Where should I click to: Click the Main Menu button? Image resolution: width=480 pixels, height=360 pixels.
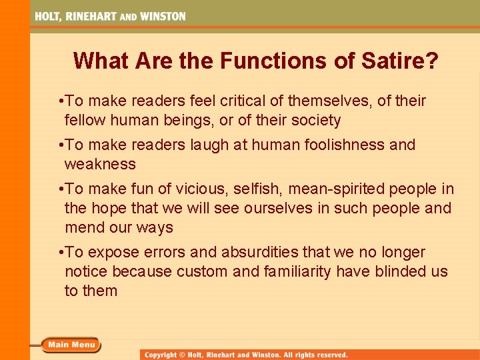pyautogui.click(x=71, y=345)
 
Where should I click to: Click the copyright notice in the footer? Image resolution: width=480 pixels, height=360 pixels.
pyautogui.click(x=247, y=355)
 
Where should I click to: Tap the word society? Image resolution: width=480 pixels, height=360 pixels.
pyautogui.click(x=315, y=121)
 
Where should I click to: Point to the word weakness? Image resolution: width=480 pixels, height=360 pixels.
pyautogui.click(x=100, y=164)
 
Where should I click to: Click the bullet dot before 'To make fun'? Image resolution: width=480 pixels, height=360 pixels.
pyautogui.click(x=61, y=189)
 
